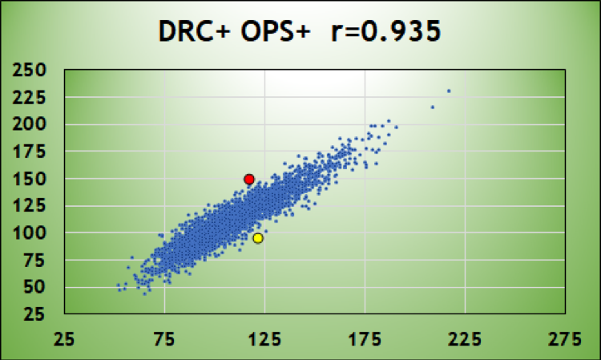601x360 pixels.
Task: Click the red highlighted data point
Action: coord(249,179)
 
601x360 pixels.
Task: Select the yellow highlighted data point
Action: coord(258,238)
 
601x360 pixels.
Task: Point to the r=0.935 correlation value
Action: coord(385,33)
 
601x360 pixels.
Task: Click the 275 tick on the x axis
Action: coord(566,339)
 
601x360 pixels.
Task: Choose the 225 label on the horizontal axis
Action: coord(466,339)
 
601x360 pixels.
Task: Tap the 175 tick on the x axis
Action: coord(365,339)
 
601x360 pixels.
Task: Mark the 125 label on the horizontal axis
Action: coord(265,339)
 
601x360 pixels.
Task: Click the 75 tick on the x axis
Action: coord(165,339)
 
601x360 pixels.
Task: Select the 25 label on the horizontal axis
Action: coord(65,339)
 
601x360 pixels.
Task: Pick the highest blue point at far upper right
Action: coord(449,91)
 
